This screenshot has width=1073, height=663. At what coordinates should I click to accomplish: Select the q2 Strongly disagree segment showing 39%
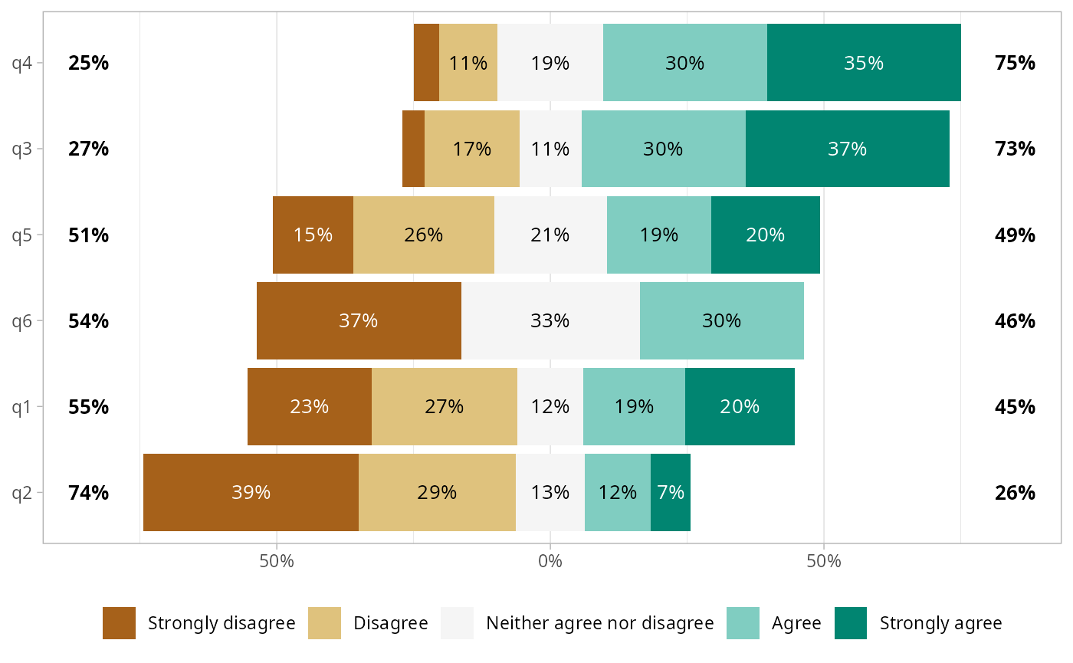(251, 492)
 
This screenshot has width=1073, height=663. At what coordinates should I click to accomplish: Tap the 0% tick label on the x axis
(550, 562)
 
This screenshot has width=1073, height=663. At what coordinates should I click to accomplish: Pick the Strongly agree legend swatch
(850, 623)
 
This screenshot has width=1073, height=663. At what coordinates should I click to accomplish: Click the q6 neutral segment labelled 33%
(550, 320)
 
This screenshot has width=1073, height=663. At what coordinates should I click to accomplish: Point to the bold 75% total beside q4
(1015, 63)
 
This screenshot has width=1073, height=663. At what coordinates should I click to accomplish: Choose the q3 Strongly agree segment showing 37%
(847, 149)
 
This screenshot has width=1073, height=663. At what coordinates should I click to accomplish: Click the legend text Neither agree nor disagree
(600, 623)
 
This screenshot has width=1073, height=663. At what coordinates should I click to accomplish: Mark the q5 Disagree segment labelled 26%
(423, 235)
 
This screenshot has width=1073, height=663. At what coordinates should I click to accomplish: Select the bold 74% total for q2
(88, 492)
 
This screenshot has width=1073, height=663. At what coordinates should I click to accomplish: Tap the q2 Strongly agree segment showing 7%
(671, 492)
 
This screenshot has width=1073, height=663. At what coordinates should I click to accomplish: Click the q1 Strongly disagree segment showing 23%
(309, 406)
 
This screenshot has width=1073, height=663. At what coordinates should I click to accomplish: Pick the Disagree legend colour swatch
(324, 623)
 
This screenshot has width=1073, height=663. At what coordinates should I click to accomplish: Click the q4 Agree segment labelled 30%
(684, 63)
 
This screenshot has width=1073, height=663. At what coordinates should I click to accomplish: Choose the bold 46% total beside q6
(1015, 320)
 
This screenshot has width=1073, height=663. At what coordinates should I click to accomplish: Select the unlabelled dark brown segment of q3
(413, 149)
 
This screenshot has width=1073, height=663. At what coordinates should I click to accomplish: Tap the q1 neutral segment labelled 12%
(550, 406)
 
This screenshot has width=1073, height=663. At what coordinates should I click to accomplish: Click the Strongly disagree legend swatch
(119, 623)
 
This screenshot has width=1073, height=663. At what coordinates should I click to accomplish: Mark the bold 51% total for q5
(88, 235)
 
